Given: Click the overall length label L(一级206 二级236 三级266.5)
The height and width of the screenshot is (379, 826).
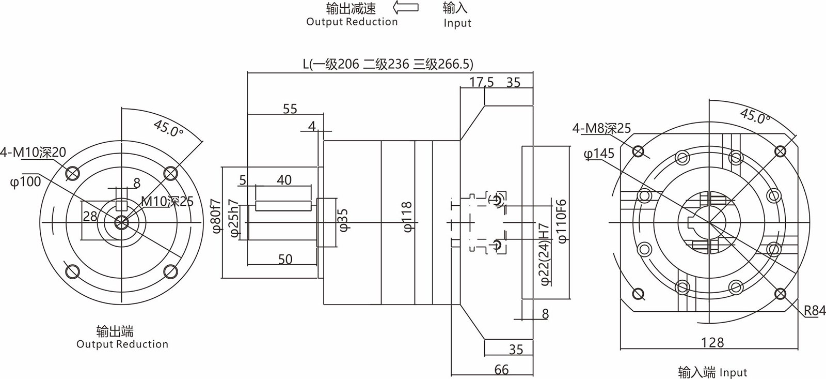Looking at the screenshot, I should (388, 64).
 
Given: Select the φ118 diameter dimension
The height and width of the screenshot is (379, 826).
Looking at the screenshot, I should (408, 217).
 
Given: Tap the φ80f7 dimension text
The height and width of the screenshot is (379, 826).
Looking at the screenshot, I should (216, 216).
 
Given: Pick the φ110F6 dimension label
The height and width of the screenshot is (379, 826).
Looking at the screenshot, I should (562, 221).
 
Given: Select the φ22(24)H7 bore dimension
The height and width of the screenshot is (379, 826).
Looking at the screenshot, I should (543, 254).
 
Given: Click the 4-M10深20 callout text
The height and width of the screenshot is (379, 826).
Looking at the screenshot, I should (33, 152).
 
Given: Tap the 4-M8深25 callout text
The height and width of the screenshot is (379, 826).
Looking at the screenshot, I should (601, 128).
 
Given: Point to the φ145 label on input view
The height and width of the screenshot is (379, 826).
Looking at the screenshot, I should (599, 154).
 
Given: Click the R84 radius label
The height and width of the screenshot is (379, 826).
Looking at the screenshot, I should (815, 310).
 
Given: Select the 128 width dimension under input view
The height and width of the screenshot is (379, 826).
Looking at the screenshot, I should (712, 342).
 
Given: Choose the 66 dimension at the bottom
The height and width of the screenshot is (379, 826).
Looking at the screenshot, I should (501, 369).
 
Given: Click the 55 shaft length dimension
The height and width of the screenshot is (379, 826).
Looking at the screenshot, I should (290, 109).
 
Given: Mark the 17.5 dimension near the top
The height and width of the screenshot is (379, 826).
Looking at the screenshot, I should (482, 82).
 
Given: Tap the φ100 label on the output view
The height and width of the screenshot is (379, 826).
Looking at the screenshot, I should (25, 182).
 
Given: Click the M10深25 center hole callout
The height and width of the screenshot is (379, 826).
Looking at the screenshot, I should (167, 201).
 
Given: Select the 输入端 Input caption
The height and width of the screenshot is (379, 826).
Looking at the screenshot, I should (712, 372).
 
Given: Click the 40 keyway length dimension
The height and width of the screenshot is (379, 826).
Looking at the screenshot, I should (284, 179).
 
